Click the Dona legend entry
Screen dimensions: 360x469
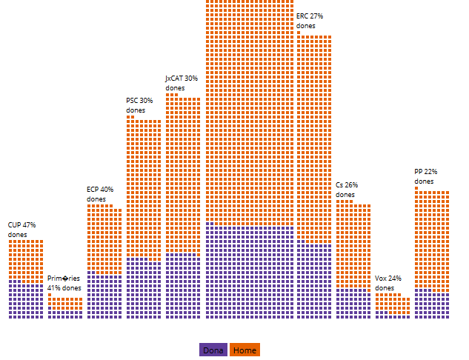click(x=213, y=350)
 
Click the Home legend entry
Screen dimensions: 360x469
click(x=245, y=350)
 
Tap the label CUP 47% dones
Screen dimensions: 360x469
click(x=22, y=230)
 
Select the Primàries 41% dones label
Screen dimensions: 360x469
click(x=64, y=283)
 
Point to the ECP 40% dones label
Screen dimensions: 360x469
click(x=100, y=194)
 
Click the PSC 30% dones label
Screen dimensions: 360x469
click(x=139, y=105)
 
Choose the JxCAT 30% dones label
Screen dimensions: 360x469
click(x=182, y=83)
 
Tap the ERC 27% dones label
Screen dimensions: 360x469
click(x=310, y=21)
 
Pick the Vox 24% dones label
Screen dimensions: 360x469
click(x=388, y=283)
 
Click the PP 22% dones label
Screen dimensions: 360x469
click(x=425, y=176)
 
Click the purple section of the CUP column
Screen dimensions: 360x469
click(x=26, y=300)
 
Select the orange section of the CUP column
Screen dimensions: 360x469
click(x=26, y=259)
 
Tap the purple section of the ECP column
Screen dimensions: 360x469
click(x=104, y=296)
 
